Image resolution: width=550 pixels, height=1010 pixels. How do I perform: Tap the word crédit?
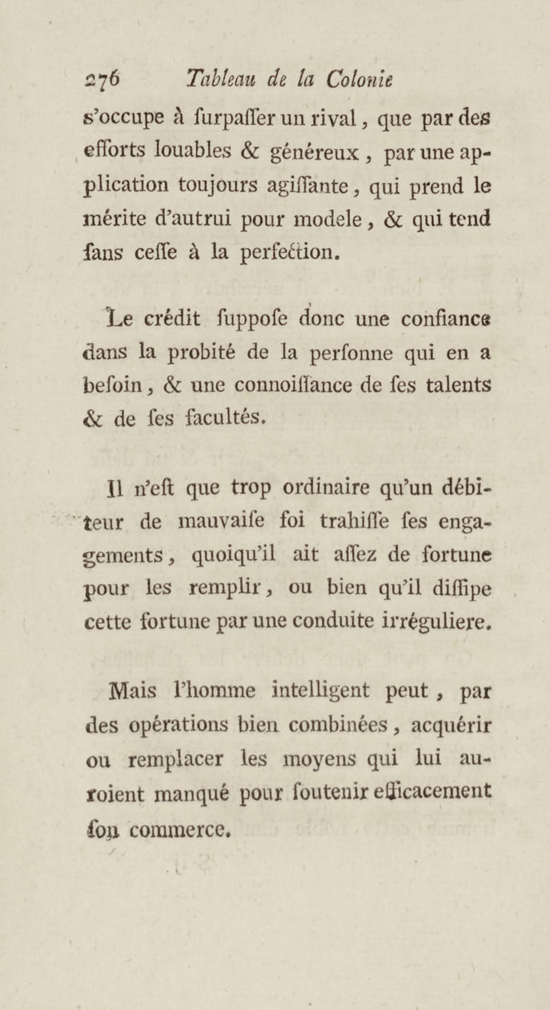pyautogui.click(x=172, y=319)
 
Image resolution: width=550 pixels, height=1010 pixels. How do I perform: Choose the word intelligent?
pyautogui.click(x=320, y=690)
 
